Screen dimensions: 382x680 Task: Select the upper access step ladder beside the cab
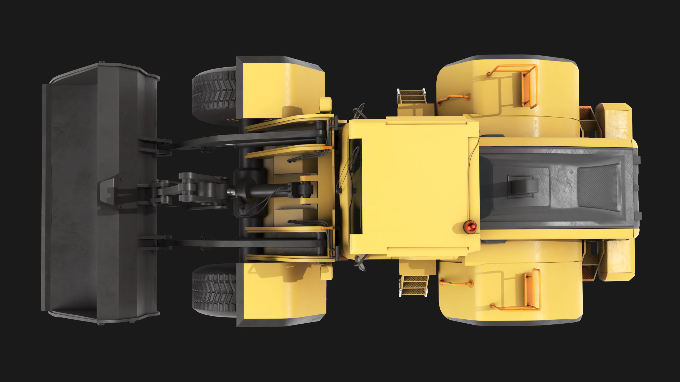(x=411, y=97)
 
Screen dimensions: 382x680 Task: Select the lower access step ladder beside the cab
(x=414, y=285)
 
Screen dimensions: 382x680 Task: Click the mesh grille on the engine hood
(x=598, y=187)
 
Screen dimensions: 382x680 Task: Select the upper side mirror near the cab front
(x=359, y=111)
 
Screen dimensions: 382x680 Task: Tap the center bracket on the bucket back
(x=110, y=191)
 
